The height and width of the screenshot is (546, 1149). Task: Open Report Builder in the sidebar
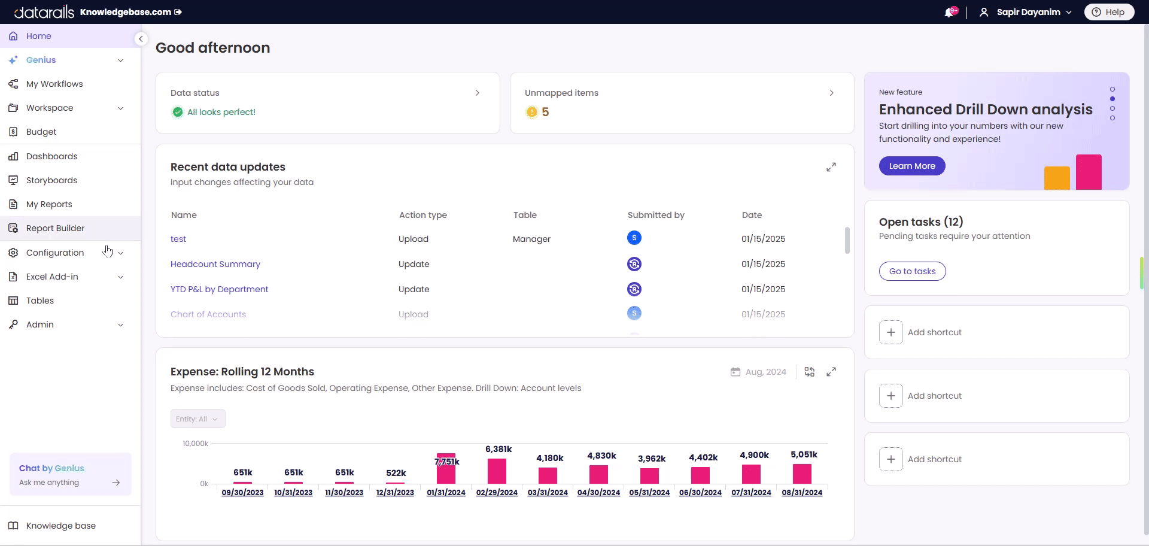coord(55,228)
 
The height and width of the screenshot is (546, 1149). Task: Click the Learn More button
coord(912,166)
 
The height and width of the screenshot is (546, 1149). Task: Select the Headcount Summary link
coord(215,264)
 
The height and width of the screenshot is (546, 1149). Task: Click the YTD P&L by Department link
coord(219,289)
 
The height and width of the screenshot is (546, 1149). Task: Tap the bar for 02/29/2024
coord(497,471)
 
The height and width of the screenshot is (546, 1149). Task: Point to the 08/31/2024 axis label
coord(802,493)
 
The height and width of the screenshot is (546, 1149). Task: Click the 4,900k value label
coord(754,455)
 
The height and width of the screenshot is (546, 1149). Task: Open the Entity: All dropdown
coord(197,418)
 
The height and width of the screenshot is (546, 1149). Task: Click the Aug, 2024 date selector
coord(759,372)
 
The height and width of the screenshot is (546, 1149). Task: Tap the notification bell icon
coord(949,13)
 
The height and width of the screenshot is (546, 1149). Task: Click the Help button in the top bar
coord(1109,12)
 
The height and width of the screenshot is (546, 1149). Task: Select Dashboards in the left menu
coord(51,156)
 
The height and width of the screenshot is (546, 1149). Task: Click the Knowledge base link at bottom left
coord(60,526)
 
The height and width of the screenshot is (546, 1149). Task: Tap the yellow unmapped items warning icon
coord(531,112)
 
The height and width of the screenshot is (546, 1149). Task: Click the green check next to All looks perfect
coord(178,112)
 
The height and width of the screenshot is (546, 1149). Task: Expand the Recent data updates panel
coord(831,167)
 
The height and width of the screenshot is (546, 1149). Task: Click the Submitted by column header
coord(656,215)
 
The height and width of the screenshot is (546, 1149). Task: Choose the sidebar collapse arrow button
coord(141,39)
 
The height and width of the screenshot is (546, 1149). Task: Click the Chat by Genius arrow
coord(116,483)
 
